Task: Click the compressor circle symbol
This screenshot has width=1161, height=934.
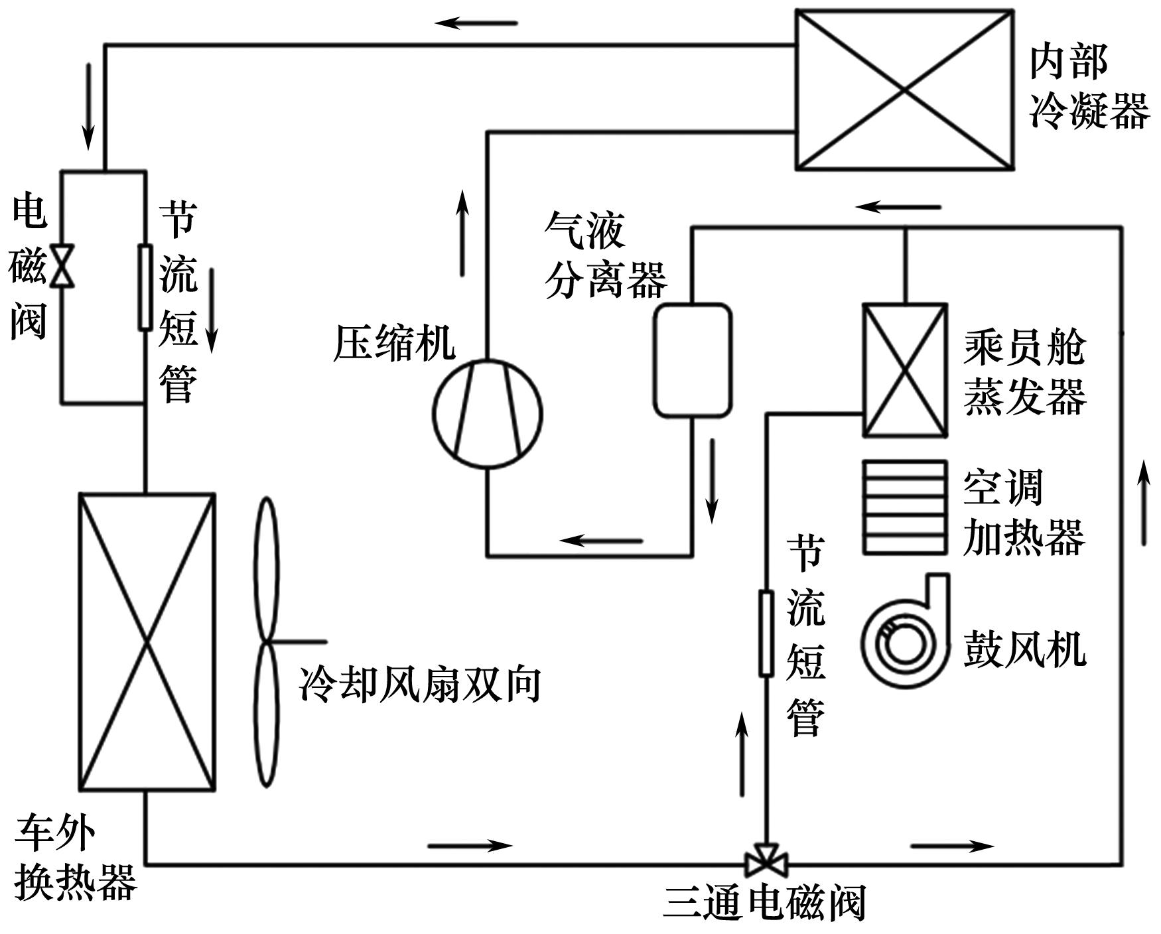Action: (x=488, y=413)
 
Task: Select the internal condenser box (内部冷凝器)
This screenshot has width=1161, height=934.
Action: (x=904, y=90)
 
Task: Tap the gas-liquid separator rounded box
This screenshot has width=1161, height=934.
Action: (x=693, y=360)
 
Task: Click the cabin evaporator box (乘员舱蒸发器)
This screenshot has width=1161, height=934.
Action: (x=904, y=370)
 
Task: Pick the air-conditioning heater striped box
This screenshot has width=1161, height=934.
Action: (x=904, y=507)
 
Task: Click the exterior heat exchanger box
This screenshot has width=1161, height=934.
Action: (x=147, y=641)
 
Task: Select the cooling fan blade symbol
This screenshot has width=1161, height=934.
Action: (x=267, y=641)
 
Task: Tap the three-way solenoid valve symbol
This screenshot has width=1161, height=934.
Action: (x=766, y=861)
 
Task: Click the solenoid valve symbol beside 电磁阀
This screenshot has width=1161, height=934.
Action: (x=62, y=266)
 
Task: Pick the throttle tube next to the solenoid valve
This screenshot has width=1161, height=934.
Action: (x=145, y=287)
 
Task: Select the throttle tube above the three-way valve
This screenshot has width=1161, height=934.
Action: (x=766, y=634)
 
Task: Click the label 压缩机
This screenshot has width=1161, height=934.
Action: (x=393, y=344)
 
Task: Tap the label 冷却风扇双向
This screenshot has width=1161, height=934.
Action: (x=420, y=685)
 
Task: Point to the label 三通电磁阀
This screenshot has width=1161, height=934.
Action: (x=765, y=903)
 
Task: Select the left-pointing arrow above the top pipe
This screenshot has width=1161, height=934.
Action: (x=476, y=23)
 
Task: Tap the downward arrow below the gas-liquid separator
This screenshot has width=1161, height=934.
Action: (x=713, y=480)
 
